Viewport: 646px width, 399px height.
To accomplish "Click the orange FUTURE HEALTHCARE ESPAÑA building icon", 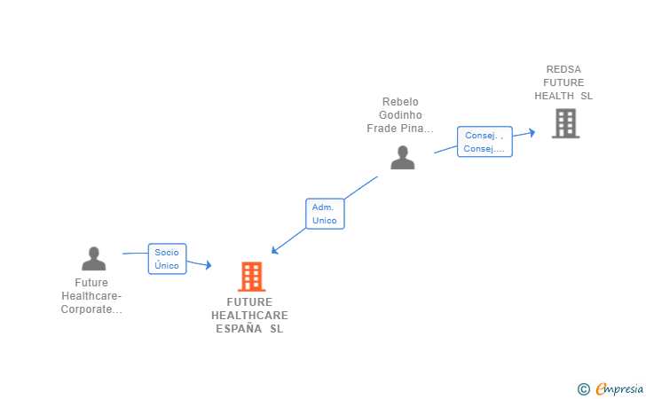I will pos(251,277).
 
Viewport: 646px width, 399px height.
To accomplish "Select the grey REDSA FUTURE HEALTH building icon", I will pos(565,123).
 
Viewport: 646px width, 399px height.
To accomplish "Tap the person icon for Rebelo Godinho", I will pos(402,157).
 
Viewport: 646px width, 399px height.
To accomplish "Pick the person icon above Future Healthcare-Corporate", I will pos(93,258).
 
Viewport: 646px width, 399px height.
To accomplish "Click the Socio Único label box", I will pos(167,259).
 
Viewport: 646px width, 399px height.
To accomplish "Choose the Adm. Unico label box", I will pos(325,214).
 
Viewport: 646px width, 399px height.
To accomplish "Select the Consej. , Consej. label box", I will pos(484,142).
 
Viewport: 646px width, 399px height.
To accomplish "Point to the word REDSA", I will pos(564,69).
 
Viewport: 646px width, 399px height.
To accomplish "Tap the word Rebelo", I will pos(400,102).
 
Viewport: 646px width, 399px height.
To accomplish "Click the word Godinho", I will pos(400,115).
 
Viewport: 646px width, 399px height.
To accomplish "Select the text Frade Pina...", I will pos(400,129).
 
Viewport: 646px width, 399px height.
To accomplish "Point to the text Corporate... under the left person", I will pos(91,309).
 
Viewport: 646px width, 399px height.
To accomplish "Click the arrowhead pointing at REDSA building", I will pos(532,132).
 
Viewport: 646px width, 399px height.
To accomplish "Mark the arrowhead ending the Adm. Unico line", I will pos(275,251).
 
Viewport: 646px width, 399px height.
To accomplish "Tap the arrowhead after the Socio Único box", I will pos(209,265).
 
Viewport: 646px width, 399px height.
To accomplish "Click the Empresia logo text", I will pos(619,388).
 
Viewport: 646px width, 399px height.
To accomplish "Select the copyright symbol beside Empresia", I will pos(583,388).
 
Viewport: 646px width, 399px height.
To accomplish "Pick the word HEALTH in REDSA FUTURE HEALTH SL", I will pos(555,96).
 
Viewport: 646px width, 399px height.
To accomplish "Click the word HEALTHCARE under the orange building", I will pos(249,316).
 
